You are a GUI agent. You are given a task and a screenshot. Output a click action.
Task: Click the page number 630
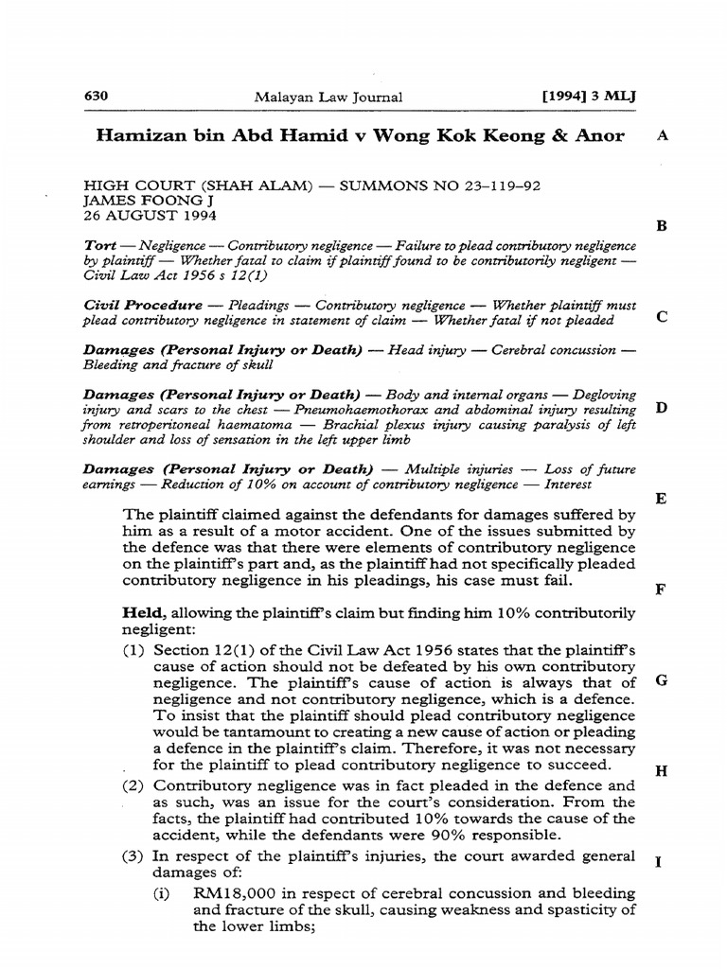pos(98,96)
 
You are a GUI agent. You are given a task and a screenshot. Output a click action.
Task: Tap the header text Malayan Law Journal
pos(328,97)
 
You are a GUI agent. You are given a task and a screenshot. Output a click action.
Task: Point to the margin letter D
pos(662,408)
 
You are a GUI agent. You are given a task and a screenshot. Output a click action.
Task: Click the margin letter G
pos(662,680)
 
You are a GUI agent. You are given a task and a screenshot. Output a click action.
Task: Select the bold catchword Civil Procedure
pos(143,306)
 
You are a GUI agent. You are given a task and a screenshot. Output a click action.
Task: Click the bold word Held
pos(143,613)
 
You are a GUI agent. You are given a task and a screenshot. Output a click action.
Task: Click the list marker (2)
pos(134,785)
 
